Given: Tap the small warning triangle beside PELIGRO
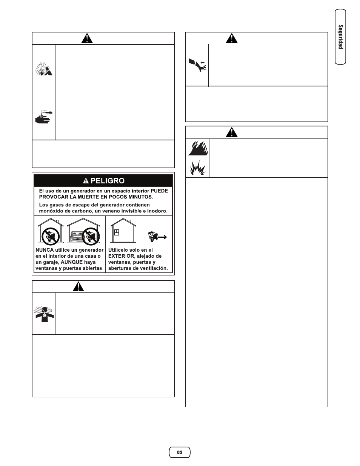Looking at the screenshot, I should coord(86,181).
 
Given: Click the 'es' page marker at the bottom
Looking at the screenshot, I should coord(180,452).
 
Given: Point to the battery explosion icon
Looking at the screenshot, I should coord(44,68).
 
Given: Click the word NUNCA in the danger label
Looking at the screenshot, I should coord(45,250).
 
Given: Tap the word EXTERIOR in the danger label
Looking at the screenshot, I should coord(122,256).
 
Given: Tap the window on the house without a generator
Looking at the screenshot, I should coord(117,233).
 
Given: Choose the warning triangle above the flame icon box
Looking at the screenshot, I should coord(232,132).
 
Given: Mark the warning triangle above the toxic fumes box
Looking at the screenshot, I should coord(78,286).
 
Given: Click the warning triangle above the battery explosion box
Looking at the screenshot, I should coord(87,38).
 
